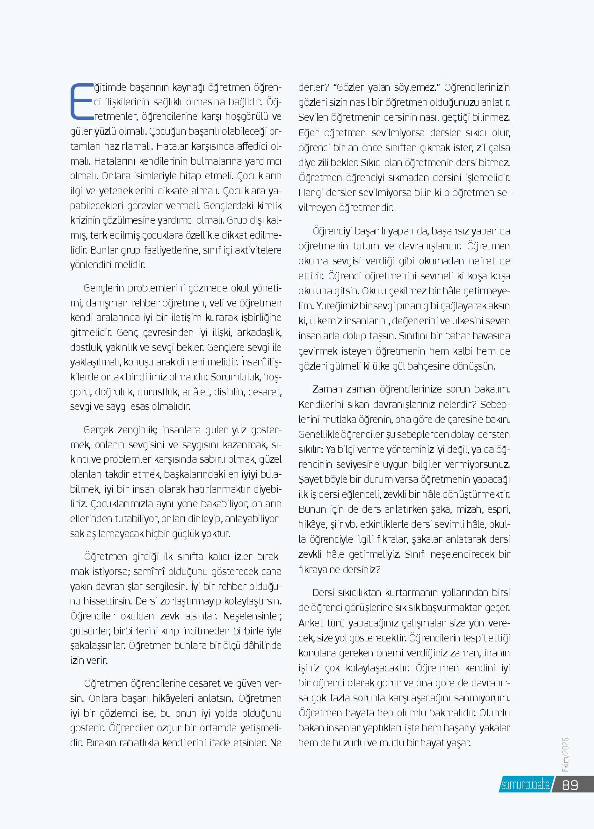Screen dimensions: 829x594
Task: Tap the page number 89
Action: (x=570, y=785)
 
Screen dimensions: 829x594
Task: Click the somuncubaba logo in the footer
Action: (x=525, y=785)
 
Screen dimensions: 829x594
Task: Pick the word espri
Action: (x=499, y=509)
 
